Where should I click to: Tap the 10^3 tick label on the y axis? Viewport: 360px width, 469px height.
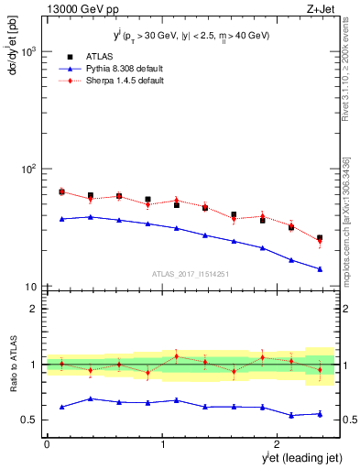[x=27, y=51]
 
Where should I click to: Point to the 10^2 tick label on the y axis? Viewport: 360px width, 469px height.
[x=27, y=169]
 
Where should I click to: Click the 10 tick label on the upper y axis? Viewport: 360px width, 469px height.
[x=30, y=287]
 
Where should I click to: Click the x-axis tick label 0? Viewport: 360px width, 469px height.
[x=47, y=444]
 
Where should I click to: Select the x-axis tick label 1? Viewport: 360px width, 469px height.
[x=163, y=444]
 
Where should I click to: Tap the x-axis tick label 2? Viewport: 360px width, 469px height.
[x=278, y=444]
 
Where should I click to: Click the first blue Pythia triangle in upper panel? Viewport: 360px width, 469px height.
[x=61, y=219]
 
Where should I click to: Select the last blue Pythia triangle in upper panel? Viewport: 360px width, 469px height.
[x=320, y=269]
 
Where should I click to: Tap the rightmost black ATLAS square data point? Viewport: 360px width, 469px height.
[x=320, y=238]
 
